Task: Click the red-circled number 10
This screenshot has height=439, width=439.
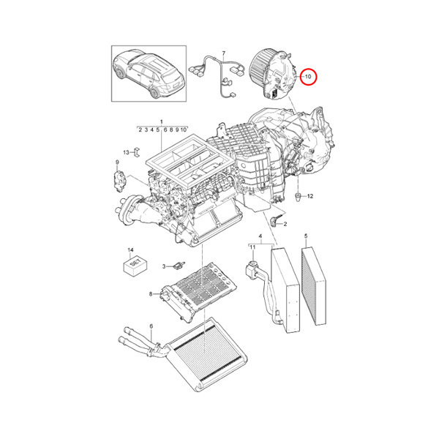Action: [308, 76]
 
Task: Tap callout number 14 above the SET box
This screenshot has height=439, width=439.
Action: [130, 249]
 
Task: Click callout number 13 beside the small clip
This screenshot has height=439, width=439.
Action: [126, 151]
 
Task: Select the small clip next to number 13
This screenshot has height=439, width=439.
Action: [136, 152]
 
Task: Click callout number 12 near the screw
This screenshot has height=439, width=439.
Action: [309, 197]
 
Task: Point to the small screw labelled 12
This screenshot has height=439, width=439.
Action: [298, 196]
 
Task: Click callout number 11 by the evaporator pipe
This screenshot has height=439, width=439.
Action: [251, 249]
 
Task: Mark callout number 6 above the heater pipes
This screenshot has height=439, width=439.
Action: [150, 326]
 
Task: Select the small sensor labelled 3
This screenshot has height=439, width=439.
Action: [179, 265]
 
